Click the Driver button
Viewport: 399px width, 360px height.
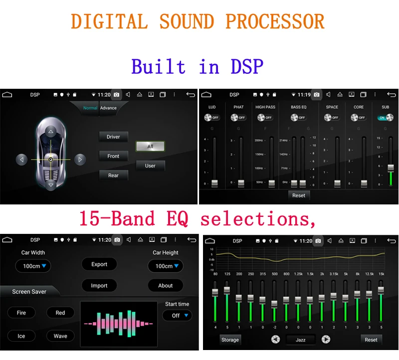tap(113, 137)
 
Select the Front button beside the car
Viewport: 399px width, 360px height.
tap(113, 156)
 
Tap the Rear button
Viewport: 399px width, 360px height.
tap(113, 175)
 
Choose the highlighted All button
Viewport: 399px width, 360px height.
tap(150, 146)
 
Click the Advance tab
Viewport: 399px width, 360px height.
tap(108, 108)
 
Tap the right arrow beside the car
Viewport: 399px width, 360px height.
tap(79, 160)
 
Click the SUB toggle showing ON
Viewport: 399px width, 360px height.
tap(385, 118)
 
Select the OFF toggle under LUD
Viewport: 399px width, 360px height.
tap(212, 118)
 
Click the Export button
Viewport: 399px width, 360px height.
tap(99, 264)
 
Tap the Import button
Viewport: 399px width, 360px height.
tap(99, 286)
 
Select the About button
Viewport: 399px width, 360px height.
tap(166, 286)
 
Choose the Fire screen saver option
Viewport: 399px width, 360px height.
tap(21, 313)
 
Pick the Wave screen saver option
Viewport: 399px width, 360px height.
tap(60, 336)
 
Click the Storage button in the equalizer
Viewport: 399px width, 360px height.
tap(230, 340)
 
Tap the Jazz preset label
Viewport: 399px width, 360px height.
tap(300, 340)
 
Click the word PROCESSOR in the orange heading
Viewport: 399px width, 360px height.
tap(275, 21)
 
